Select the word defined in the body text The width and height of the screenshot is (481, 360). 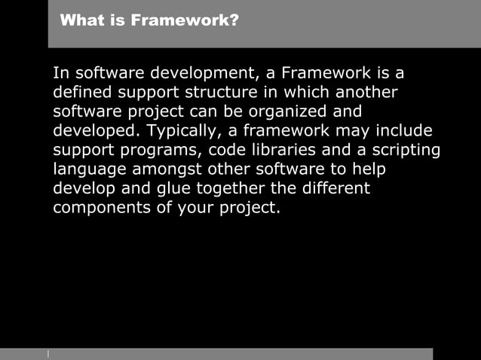tap(81, 93)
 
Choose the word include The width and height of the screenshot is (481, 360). tap(403, 131)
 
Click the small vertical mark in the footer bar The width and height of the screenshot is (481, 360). tap(48, 353)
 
